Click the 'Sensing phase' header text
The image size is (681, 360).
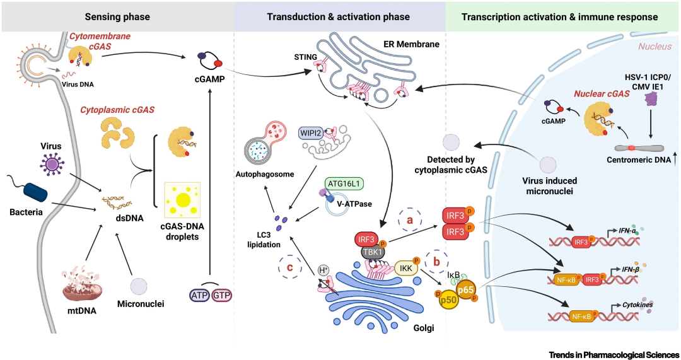click(117, 16)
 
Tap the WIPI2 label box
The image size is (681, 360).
click(311, 134)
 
